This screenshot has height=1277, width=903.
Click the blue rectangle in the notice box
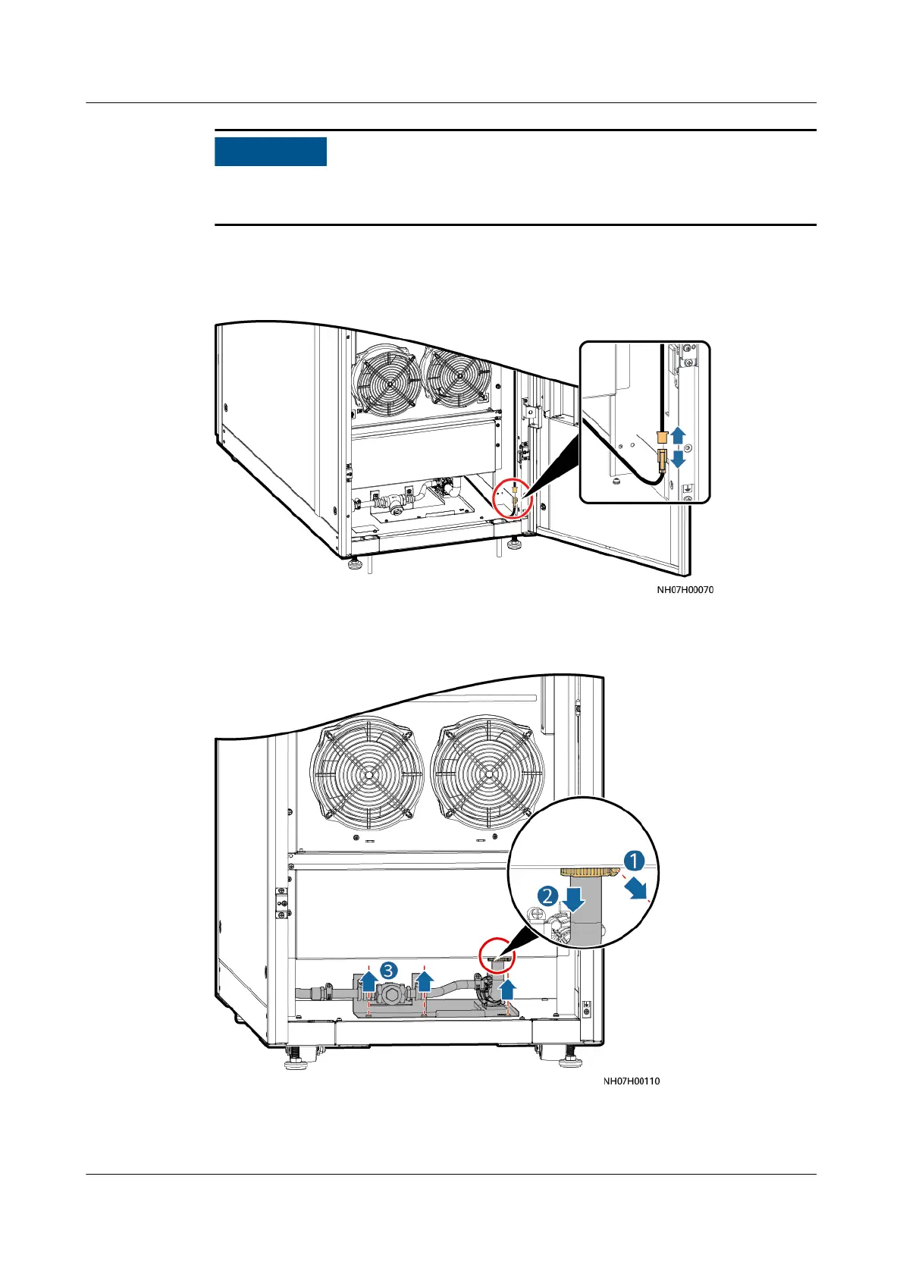270,152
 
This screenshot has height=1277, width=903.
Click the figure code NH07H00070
685,589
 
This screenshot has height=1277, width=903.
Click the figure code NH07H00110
632,1081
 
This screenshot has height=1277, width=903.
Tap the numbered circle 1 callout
634,861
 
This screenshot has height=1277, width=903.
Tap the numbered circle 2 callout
547,896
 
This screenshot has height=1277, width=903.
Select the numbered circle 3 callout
389,970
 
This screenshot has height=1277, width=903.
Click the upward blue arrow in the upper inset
678,435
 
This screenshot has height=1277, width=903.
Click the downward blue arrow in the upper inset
678,460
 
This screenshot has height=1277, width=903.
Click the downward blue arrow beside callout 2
573,899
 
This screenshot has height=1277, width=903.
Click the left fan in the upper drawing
390,384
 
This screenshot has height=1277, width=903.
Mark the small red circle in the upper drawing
513,500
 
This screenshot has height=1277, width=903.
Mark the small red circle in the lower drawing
497,957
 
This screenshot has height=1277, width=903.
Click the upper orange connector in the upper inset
662,437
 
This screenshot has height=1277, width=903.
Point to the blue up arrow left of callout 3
368,983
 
